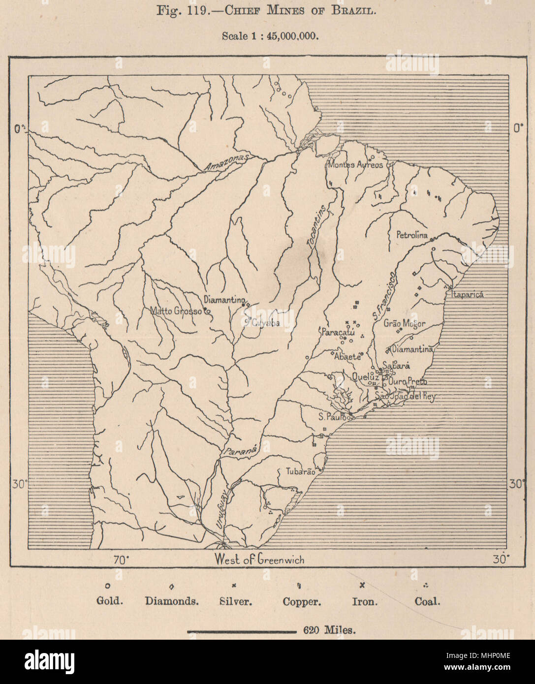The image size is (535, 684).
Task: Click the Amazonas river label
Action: [x=226, y=162]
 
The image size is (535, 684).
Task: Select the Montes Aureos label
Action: [x=355, y=165]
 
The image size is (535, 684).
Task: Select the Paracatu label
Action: [x=337, y=332]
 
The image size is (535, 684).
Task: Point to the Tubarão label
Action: [x=300, y=471]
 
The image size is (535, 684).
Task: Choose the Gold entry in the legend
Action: [x=109, y=601]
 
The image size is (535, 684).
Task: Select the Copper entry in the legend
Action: [x=302, y=601]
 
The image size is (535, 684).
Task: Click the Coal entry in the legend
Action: [x=427, y=601]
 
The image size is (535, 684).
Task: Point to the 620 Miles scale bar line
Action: [x=241, y=630]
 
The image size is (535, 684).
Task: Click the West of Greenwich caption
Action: [x=259, y=560]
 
